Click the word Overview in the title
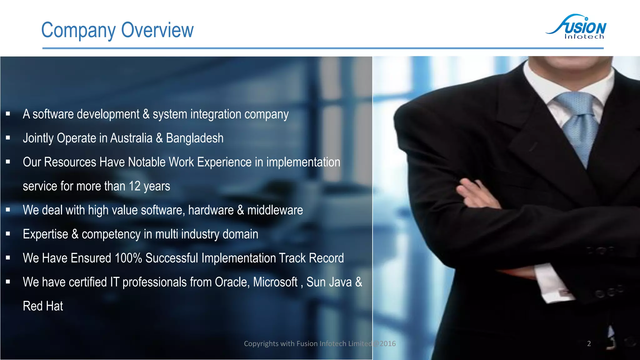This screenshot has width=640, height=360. point(157,30)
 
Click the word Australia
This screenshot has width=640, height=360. point(131,138)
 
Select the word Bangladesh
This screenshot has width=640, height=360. point(195,138)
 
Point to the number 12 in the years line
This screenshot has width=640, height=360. point(134,186)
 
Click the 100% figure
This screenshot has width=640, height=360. point(128,258)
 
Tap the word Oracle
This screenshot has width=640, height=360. point(232,282)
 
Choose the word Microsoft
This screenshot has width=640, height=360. point(275,282)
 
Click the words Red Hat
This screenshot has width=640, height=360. point(43,306)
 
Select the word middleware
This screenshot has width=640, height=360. point(275,210)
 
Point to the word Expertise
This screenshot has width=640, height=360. point(45,234)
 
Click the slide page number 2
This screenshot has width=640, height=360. point(589,344)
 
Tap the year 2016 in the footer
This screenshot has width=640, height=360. point(388,344)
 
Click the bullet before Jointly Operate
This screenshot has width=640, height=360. point(8,137)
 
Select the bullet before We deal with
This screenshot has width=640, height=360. point(8,210)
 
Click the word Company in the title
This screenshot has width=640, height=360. point(78,30)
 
